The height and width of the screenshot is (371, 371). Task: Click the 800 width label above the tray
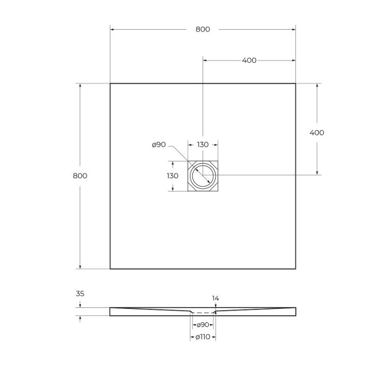202,29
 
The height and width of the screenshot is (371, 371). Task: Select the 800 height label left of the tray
79,176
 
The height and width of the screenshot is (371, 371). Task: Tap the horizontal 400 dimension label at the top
249,60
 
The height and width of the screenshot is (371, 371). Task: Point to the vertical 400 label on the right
316,132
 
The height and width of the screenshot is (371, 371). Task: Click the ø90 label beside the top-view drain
159,145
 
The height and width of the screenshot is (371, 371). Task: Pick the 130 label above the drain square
202,145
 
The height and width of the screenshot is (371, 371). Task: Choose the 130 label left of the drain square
172,175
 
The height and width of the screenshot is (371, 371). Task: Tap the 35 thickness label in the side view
80,293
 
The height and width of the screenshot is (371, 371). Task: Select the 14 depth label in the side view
216,298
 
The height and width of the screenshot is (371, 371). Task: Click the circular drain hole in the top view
203,175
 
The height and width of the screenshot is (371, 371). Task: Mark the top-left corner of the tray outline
110,84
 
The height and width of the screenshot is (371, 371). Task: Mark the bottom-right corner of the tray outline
295,269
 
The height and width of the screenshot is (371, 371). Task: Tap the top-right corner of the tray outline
295,84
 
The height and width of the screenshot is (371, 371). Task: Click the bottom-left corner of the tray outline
110,269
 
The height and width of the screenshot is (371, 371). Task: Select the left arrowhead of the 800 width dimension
112,29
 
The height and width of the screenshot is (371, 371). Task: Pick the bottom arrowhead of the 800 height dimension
80,267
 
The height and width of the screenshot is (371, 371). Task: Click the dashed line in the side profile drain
202,313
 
